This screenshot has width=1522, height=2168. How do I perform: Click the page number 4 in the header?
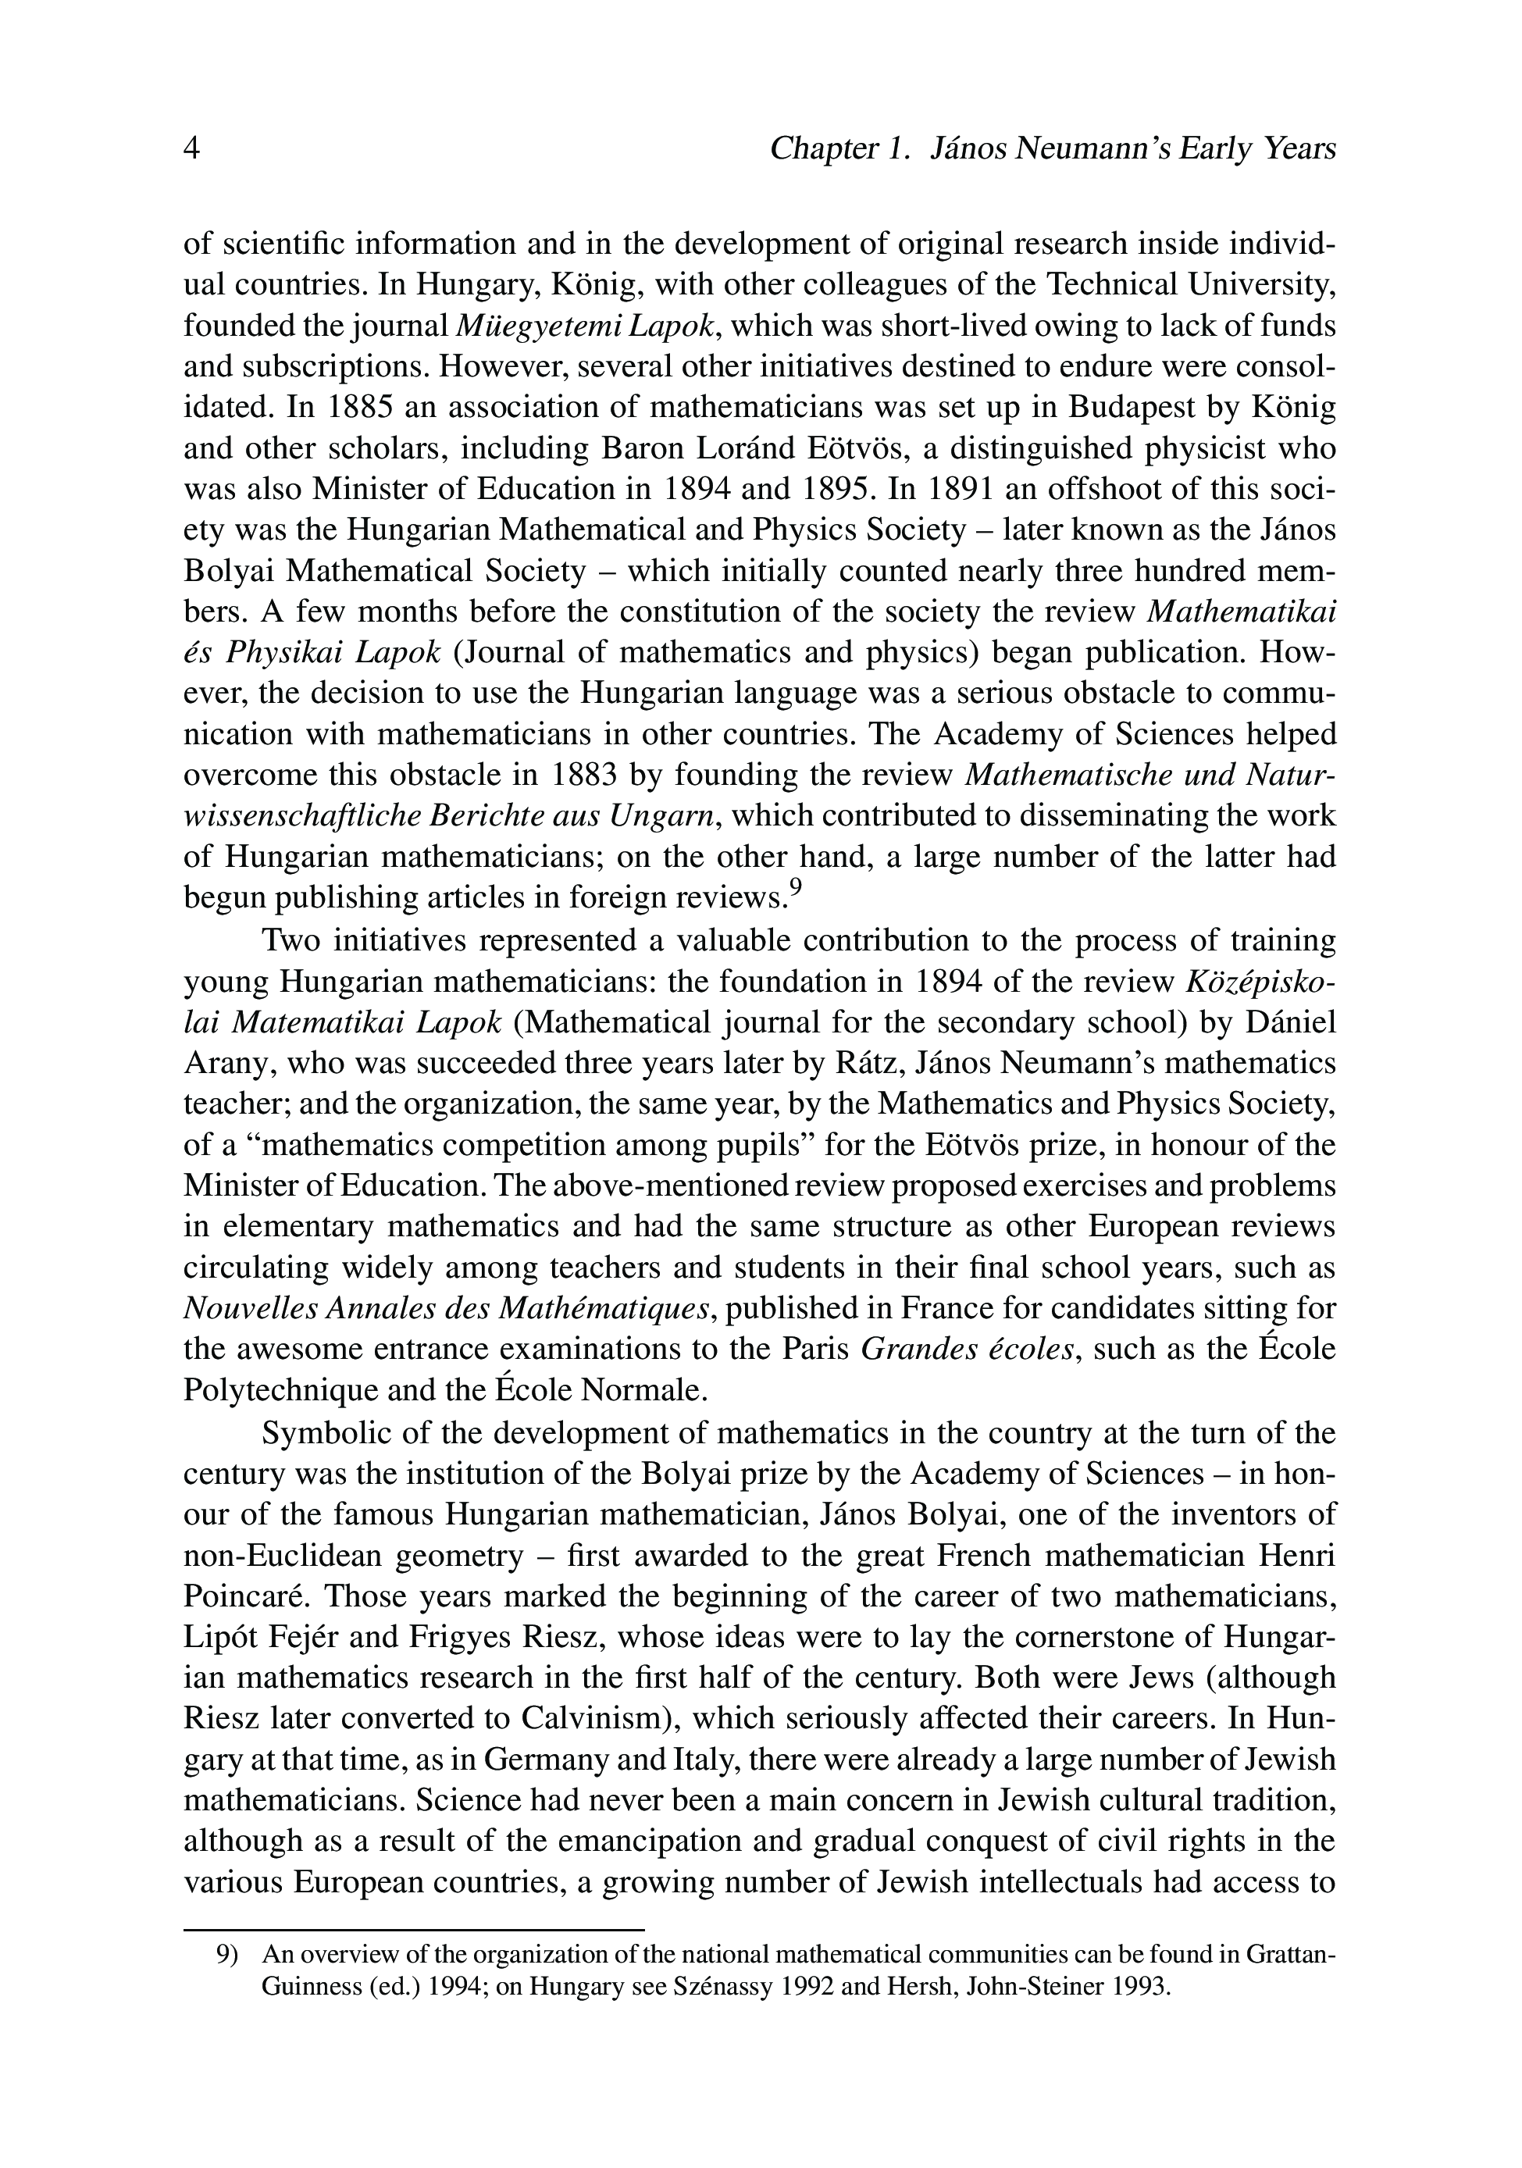pyautogui.click(x=191, y=148)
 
